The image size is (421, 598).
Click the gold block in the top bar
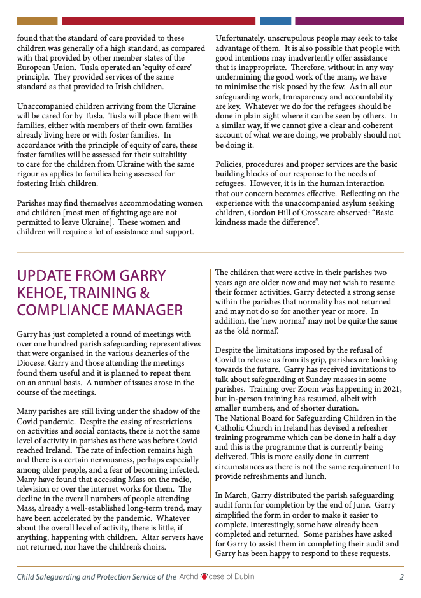click(x=36, y=21)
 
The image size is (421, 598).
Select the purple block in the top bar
click(x=349, y=21)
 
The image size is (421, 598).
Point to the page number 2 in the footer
click(x=401, y=577)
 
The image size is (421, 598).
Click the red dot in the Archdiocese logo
click(x=204, y=577)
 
